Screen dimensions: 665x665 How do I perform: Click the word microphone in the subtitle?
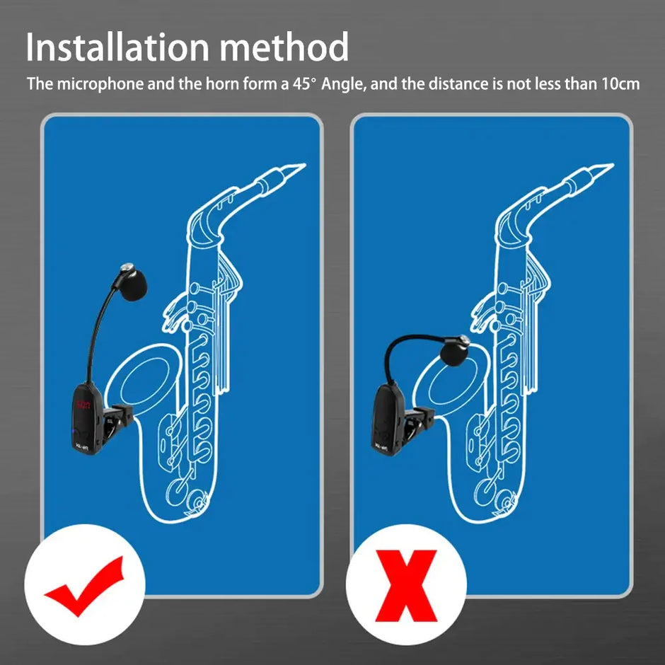[x=98, y=84]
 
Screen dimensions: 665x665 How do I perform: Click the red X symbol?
[x=406, y=585]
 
